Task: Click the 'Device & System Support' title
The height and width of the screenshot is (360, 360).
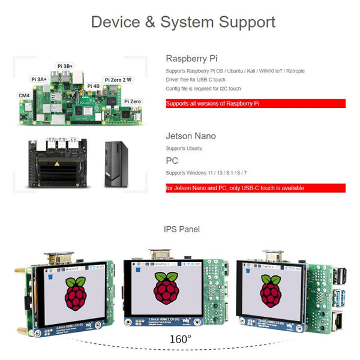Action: pos(183,22)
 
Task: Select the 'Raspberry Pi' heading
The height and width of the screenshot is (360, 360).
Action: pos(191,59)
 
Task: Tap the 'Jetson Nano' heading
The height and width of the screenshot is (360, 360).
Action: pos(191,136)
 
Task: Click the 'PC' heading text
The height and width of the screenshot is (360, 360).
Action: pos(172,161)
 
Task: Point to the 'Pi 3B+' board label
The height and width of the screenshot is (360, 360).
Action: pos(65,66)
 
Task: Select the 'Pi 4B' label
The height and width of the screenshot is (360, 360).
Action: pos(94,86)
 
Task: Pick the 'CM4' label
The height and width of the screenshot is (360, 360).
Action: pos(24,95)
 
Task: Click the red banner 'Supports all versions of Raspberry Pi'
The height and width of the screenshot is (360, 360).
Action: pos(255,104)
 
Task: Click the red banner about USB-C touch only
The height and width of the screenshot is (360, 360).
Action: pos(255,188)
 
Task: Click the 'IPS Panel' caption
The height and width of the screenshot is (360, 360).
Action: pos(182,229)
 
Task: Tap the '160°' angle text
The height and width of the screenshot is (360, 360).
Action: pos(181,339)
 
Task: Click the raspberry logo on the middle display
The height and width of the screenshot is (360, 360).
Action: pos(166,289)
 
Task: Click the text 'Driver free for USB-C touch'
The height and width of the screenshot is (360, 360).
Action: pos(196,80)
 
